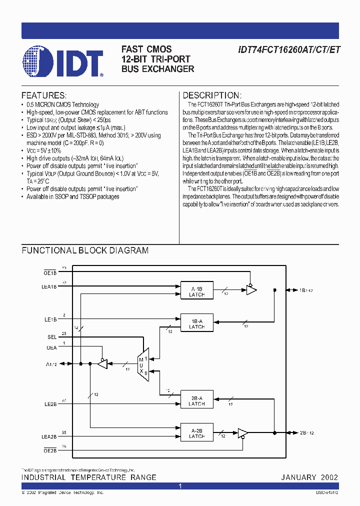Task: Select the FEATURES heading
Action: pyautogui.click(x=44, y=95)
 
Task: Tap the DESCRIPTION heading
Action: pyautogui.click(x=212, y=95)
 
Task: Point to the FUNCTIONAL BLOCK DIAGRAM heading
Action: pyautogui.click(x=85, y=250)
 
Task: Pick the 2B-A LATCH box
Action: pyautogui.click(x=196, y=401)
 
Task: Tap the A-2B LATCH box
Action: pyautogui.click(x=196, y=433)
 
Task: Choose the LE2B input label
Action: pyautogui.click(x=50, y=404)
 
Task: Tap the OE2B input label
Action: pyautogui.click(x=50, y=450)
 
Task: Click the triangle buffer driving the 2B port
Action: pyautogui.click(x=242, y=433)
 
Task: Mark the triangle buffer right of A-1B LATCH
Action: pyautogui.click(x=251, y=289)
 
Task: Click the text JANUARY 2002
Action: pyautogui.click(x=309, y=477)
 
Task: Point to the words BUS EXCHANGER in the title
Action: pyautogui.click(x=158, y=69)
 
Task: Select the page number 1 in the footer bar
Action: pyautogui.click(x=180, y=486)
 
